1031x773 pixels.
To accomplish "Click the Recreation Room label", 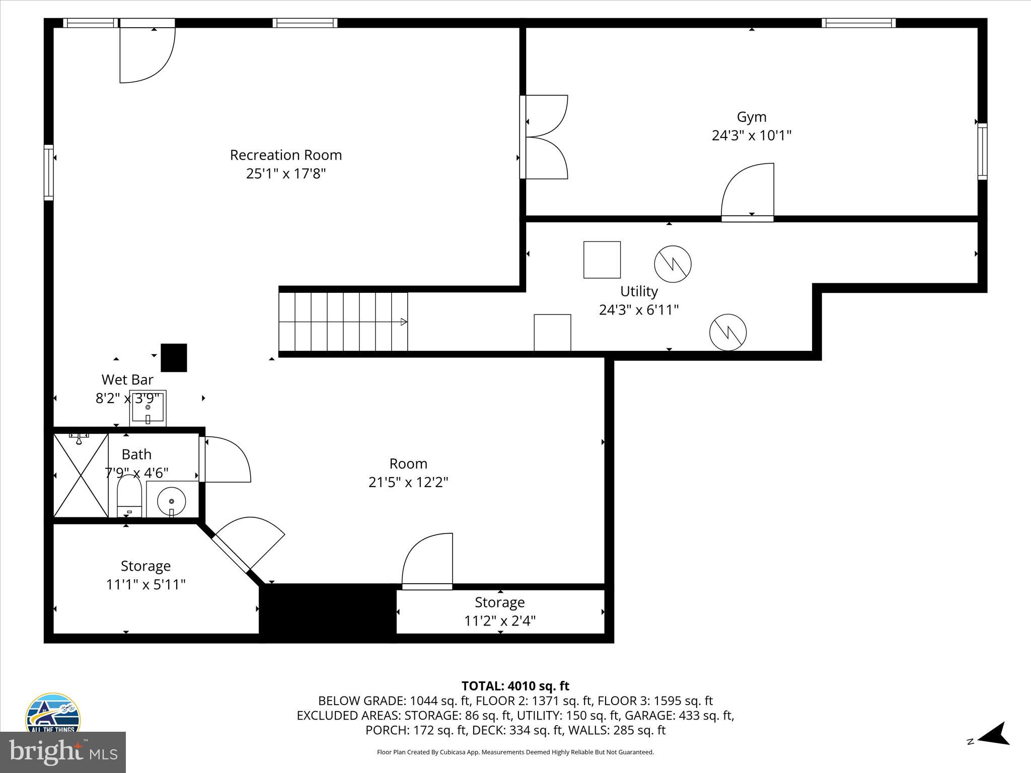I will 286,155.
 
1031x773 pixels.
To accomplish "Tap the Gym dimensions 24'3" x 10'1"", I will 751,136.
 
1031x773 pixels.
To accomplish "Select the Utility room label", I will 639,291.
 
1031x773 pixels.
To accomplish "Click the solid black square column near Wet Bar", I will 174,358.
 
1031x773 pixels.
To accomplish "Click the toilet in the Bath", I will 129,496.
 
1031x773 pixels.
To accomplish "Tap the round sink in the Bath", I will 172,501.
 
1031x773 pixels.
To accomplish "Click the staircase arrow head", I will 403,322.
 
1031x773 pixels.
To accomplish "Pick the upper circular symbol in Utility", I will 673,264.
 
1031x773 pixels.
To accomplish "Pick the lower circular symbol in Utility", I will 728,333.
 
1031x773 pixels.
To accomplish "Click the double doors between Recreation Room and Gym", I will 546,137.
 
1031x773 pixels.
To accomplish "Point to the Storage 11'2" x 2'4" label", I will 499,611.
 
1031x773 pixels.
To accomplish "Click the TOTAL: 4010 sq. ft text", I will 515,686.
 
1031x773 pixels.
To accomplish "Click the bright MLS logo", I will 63,752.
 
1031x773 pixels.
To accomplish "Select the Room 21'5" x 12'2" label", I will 408,473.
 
